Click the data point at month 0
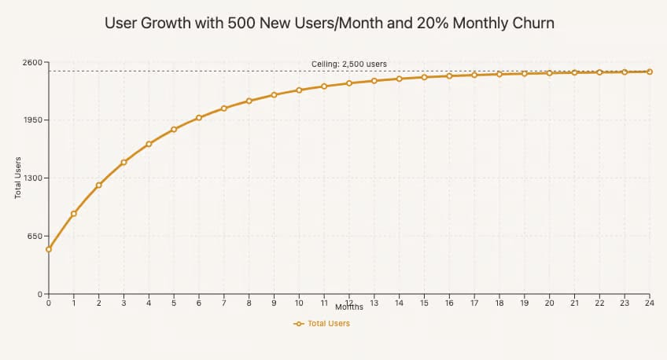pos(49,249)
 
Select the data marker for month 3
pos(123,162)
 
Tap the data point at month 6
pos(199,118)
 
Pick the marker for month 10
pos(299,90)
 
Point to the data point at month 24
pos(649,72)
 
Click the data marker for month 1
pos(74,214)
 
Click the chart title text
pos(330,24)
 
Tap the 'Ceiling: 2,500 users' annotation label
pos(349,64)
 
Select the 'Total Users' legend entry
pos(322,323)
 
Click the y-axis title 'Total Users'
pos(18,178)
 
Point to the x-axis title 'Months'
pos(348,307)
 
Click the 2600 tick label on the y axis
pos(31,62)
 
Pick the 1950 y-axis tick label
pos(31,120)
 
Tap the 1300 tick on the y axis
pos(31,178)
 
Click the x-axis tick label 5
pos(174,303)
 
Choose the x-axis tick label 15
pos(424,303)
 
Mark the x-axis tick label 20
pos(549,303)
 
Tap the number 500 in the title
pos(239,24)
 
